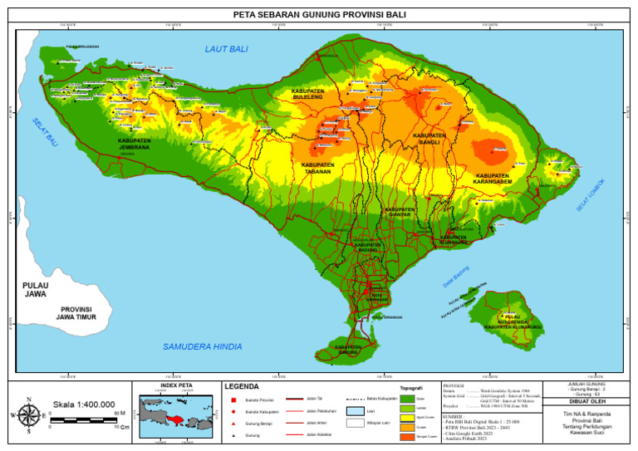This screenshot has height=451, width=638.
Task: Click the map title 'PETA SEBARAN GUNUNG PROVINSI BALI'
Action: (319, 14)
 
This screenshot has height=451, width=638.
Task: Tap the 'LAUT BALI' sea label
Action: (227, 50)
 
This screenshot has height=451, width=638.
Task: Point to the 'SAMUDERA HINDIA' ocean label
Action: (202, 346)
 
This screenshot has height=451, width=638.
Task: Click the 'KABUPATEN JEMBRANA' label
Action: (134, 144)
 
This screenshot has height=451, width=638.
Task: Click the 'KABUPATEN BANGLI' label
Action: (429, 138)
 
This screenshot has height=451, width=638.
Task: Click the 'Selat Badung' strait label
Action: (455, 277)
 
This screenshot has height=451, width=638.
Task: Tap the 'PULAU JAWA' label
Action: (36, 289)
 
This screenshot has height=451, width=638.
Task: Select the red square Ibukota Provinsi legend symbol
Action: (234, 400)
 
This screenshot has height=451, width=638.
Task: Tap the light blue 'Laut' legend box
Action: (356, 411)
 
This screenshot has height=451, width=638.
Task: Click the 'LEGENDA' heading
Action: (242, 386)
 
